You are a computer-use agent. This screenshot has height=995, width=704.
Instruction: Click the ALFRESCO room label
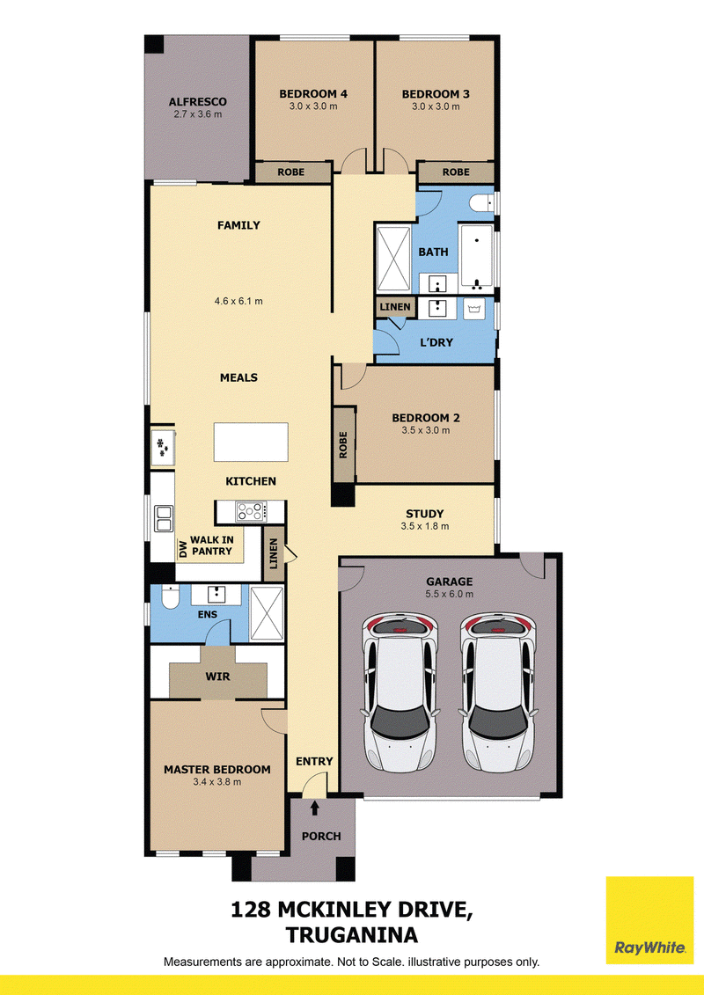coord(197,101)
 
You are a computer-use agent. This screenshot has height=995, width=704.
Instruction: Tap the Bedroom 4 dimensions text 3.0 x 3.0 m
coord(313,106)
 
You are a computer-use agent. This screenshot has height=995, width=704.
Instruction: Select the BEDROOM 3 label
coord(436,94)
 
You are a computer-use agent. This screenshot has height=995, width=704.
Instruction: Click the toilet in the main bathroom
coord(480,203)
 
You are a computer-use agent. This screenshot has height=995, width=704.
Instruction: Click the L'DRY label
coord(436,343)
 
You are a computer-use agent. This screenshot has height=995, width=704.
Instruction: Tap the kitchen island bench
coord(251,443)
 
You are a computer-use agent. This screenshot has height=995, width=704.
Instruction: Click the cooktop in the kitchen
coord(252,511)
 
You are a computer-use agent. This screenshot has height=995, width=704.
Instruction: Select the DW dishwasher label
coord(183,549)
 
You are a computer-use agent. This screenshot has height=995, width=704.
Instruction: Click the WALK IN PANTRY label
coord(212,545)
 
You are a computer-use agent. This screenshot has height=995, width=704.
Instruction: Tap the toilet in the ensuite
coord(170,596)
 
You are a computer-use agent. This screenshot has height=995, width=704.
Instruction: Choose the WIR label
coord(217,677)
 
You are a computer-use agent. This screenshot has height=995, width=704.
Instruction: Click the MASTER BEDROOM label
coord(217,769)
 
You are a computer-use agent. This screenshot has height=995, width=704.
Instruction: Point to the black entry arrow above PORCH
coord(315,808)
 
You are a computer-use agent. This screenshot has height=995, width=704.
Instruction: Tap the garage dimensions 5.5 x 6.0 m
coord(450,594)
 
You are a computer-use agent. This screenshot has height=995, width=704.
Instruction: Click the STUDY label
coord(425,514)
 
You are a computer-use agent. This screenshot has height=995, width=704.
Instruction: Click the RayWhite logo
coord(649,920)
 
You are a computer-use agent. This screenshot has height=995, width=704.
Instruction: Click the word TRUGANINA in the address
coord(352,934)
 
